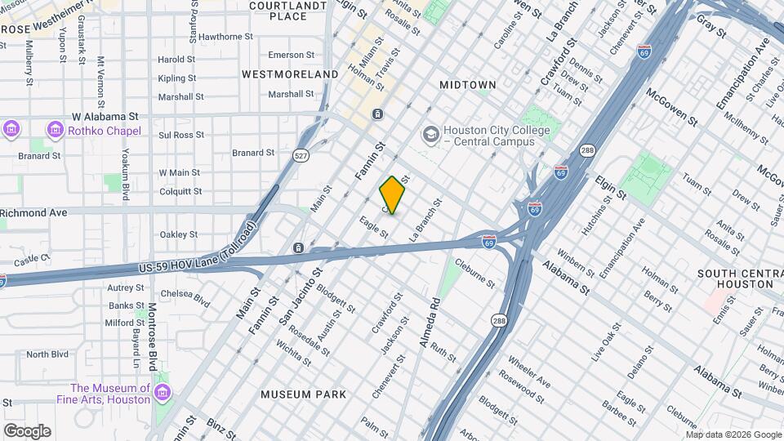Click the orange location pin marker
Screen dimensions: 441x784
[392, 195]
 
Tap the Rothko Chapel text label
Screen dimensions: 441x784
[105, 131]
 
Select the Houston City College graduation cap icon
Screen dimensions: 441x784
[430, 132]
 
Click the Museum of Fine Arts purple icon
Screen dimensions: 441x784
[163, 394]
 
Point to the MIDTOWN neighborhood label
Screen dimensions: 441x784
[468, 85]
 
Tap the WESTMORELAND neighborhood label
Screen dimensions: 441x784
[290, 74]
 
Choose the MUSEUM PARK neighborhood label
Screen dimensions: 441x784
[304, 394]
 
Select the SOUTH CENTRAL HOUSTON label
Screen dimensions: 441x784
[735, 278]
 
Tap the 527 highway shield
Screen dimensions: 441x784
[302, 156]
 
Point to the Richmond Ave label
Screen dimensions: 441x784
[33, 212]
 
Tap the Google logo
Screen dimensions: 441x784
[26, 430]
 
